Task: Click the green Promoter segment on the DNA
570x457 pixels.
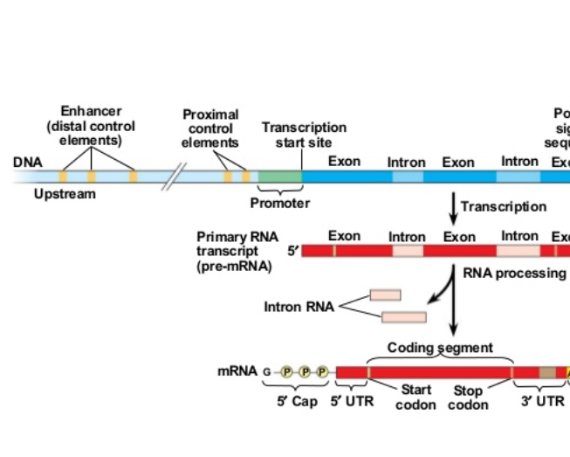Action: [x=280, y=176]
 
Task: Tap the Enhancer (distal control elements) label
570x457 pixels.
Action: [x=91, y=126]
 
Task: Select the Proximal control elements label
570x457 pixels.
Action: [x=210, y=128]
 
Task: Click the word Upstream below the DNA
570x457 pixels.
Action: [x=65, y=194]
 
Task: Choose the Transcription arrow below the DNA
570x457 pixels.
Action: [x=453, y=207]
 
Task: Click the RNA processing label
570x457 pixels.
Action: [x=513, y=274]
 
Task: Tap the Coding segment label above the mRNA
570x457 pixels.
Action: [x=440, y=348]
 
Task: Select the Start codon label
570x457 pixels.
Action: [x=415, y=398]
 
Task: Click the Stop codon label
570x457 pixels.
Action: [x=468, y=398]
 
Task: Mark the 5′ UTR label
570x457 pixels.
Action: [x=352, y=401]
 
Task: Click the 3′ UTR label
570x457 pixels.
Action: [x=543, y=401]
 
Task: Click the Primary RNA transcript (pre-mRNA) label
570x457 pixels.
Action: [x=234, y=252]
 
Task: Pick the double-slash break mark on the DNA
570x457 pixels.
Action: [x=180, y=176]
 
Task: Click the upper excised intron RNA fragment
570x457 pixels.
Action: [x=385, y=295]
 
